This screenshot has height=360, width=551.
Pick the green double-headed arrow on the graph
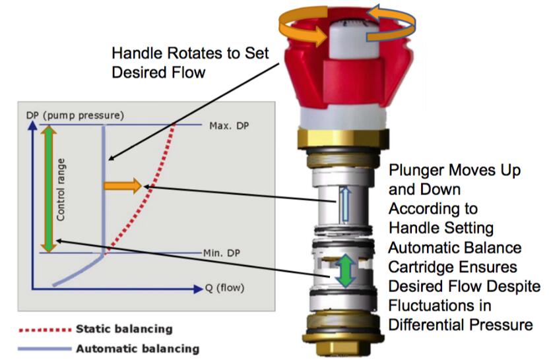(x=48, y=188)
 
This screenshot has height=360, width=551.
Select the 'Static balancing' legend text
(x=124, y=328)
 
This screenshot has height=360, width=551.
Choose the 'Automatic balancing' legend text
(x=137, y=348)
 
